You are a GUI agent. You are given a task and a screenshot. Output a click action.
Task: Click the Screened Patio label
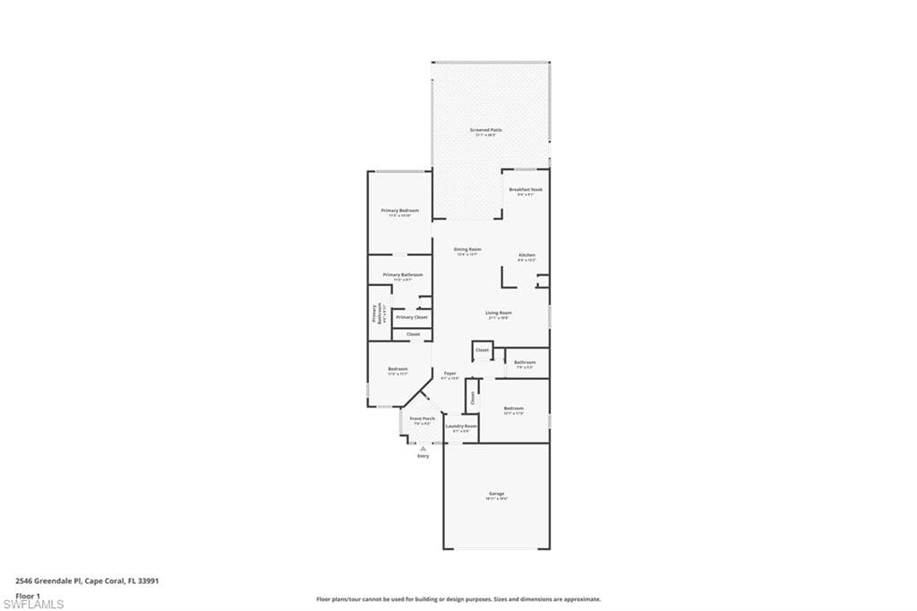point(485,130)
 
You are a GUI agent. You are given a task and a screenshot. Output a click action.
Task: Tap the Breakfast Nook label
point(526,190)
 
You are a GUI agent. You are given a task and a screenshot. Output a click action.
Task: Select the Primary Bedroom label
point(399,211)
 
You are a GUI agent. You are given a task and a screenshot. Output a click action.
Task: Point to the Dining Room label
point(467,249)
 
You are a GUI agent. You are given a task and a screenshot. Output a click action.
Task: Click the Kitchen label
point(527,255)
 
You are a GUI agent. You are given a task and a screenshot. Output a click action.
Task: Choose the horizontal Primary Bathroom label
point(402,275)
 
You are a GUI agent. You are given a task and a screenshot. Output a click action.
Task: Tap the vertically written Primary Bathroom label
point(375,314)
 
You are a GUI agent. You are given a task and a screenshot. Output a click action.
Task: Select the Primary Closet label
point(412,317)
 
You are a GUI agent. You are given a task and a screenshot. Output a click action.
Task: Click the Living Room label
point(499,314)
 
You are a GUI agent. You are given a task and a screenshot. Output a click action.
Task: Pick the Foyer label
point(450,373)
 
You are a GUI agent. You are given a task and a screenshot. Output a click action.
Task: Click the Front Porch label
point(423,418)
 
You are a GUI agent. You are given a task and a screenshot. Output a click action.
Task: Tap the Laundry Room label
point(460,426)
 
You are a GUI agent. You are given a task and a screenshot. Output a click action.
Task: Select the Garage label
point(496,494)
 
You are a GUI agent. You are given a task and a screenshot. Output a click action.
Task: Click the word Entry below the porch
point(423,456)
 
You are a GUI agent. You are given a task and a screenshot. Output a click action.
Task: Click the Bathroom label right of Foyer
point(525,362)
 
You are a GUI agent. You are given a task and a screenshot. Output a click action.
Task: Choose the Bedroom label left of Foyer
point(398,369)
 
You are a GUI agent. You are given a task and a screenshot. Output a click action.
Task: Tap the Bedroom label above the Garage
point(513,409)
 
